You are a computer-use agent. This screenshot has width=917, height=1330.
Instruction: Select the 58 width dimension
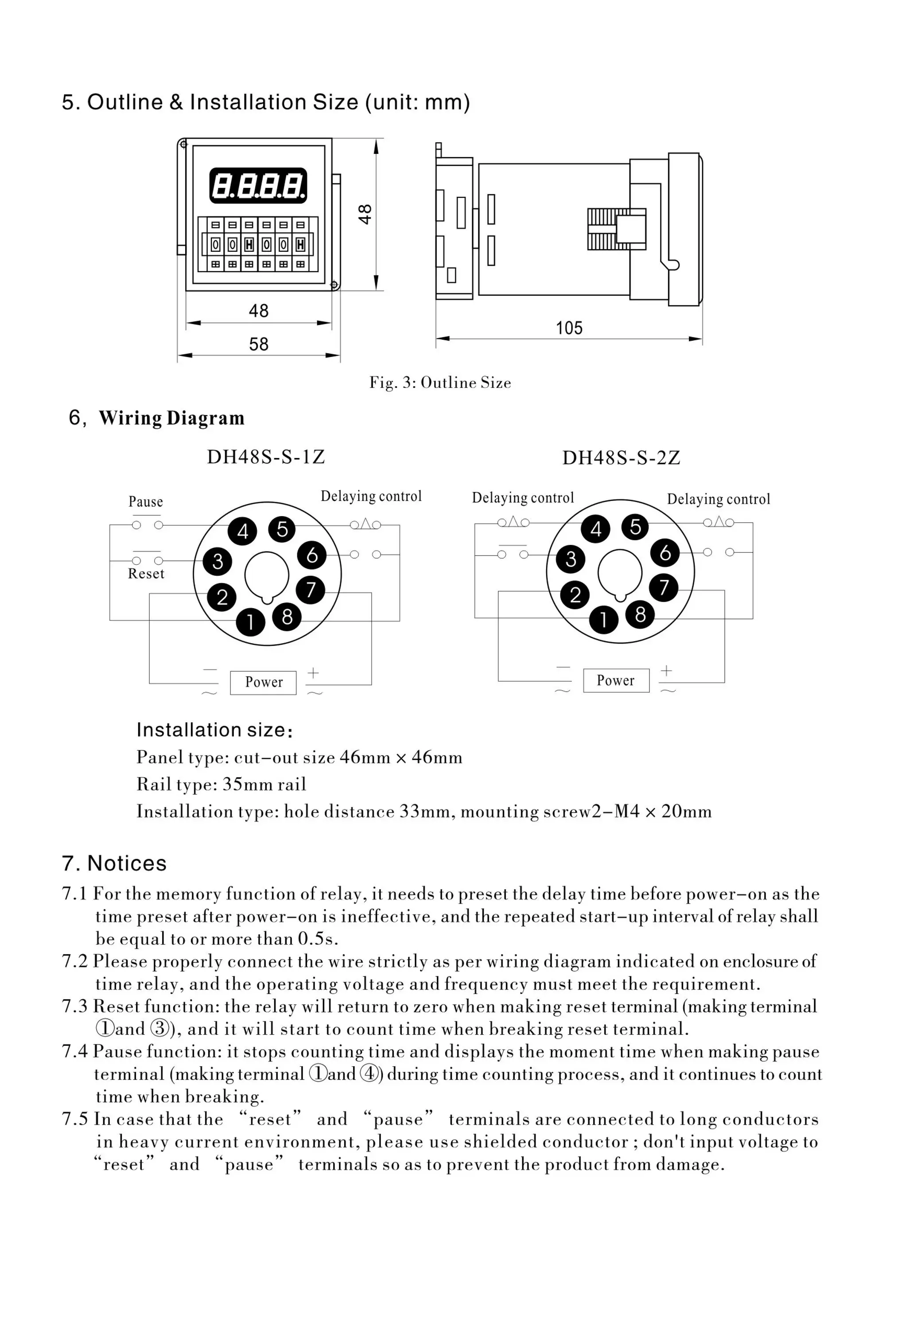(259, 344)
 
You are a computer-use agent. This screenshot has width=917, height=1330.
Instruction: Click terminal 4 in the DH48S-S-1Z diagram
(242, 531)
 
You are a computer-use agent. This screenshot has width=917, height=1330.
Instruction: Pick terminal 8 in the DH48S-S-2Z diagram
(641, 615)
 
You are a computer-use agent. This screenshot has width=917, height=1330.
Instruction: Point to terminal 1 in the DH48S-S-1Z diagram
(250, 622)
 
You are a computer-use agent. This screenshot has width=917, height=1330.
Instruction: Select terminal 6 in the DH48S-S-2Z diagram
(665, 552)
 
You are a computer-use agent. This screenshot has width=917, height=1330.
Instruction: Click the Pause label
(145, 502)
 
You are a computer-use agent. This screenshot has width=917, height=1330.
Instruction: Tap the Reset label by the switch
(146, 574)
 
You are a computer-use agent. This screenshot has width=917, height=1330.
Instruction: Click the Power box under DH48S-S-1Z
(263, 683)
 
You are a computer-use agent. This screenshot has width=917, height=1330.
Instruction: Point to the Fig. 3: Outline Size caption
(440, 383)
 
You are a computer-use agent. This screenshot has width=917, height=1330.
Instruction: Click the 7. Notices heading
(114, 863)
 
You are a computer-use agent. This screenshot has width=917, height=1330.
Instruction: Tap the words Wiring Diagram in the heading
(172, 418)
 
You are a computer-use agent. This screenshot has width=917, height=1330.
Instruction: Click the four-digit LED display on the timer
(258, 186)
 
